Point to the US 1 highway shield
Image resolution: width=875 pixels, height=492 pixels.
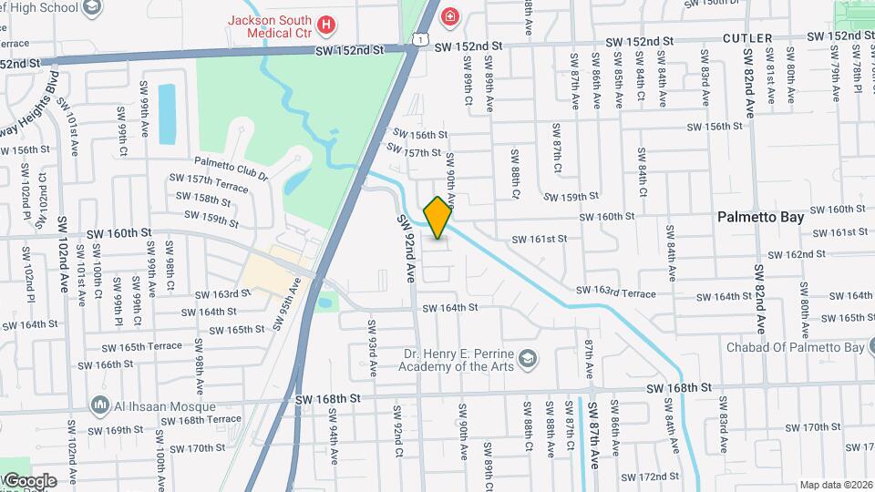click(417, 37)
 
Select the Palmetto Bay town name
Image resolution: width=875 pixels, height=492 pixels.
click(760, 217)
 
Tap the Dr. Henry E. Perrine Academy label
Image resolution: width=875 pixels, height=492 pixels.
click(455, 360)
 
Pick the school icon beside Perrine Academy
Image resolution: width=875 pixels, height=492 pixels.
click(526, 362)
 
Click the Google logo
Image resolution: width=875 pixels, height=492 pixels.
click(29, 480)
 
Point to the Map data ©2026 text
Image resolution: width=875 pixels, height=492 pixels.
click(835, 485)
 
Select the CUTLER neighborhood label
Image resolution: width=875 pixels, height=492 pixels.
click(747, 38)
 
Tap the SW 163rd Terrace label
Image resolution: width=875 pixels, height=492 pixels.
click(615, 292)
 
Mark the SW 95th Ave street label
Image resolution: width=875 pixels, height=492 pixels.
click(286, 311)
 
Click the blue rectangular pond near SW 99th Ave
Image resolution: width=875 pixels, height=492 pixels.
click(167, 114)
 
